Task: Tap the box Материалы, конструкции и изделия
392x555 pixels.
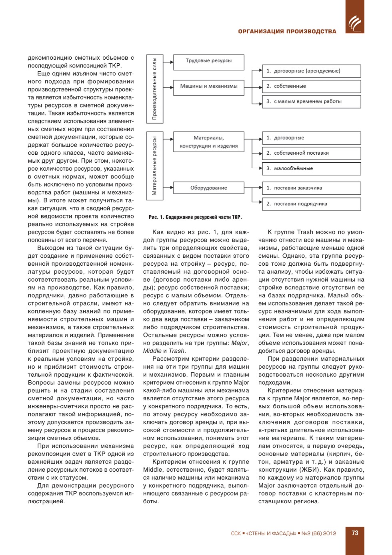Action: (208, 142)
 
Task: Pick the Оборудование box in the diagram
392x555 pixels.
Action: (208, 188)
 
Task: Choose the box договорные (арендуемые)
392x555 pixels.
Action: (311, 71)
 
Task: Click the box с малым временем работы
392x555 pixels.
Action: (311, 102)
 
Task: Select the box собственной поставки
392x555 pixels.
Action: (311, 153)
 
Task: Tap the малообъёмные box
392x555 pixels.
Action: (311, 169)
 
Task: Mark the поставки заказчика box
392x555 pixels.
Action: (311, 188)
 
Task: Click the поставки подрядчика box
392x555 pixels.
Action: (311, 204)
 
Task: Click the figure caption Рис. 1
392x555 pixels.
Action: (195, 217)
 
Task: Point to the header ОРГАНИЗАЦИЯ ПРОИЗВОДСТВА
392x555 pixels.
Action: (287, 31)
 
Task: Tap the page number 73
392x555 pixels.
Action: (355, 533)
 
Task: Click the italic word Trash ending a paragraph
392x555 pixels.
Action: (177, 351)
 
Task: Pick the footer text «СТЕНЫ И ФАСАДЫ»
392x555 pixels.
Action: (271, 533)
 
